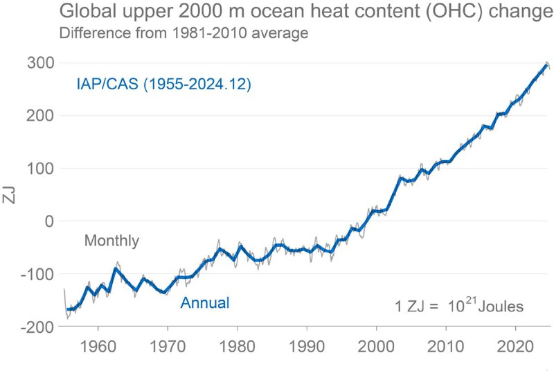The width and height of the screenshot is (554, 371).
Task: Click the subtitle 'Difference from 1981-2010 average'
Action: click(184, 33)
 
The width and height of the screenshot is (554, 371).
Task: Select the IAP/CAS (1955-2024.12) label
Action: click(163, 85)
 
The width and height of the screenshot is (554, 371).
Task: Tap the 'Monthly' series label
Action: click(111, 241)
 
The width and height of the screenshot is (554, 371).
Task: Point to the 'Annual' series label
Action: click(205, 302)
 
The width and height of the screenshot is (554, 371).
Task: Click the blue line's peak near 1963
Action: click(116, 268)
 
